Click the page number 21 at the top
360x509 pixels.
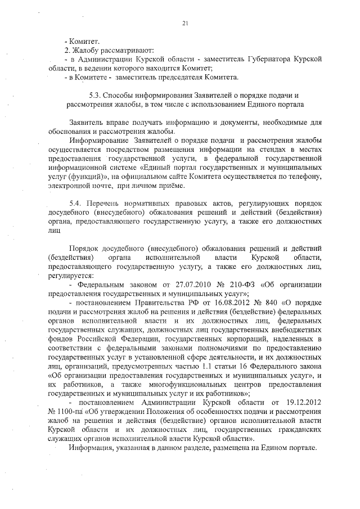click(185, 23)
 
